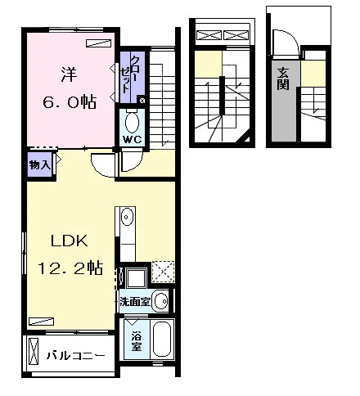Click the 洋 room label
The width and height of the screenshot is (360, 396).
69,74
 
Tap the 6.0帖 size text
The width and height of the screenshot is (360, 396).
70,102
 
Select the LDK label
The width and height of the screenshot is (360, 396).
70,241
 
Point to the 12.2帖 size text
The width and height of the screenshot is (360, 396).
70,268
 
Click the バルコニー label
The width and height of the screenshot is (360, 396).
75,356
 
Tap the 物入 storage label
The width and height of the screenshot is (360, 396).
40,164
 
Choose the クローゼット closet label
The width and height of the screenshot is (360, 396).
129,74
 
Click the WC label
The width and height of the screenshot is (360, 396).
133,140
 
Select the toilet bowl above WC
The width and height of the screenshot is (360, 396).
133,121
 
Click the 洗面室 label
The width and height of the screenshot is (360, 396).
135,301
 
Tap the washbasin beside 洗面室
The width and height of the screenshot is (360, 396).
161,301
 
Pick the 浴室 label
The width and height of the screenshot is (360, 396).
137,341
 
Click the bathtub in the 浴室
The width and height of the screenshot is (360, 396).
163,339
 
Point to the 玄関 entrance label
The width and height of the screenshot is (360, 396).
283,79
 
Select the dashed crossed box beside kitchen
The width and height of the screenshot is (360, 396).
163,272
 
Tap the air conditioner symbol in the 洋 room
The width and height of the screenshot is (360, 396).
98,43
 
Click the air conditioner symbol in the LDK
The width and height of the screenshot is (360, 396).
41,322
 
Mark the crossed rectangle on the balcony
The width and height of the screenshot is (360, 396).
34,351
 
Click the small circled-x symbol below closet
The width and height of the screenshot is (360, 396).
142,101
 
